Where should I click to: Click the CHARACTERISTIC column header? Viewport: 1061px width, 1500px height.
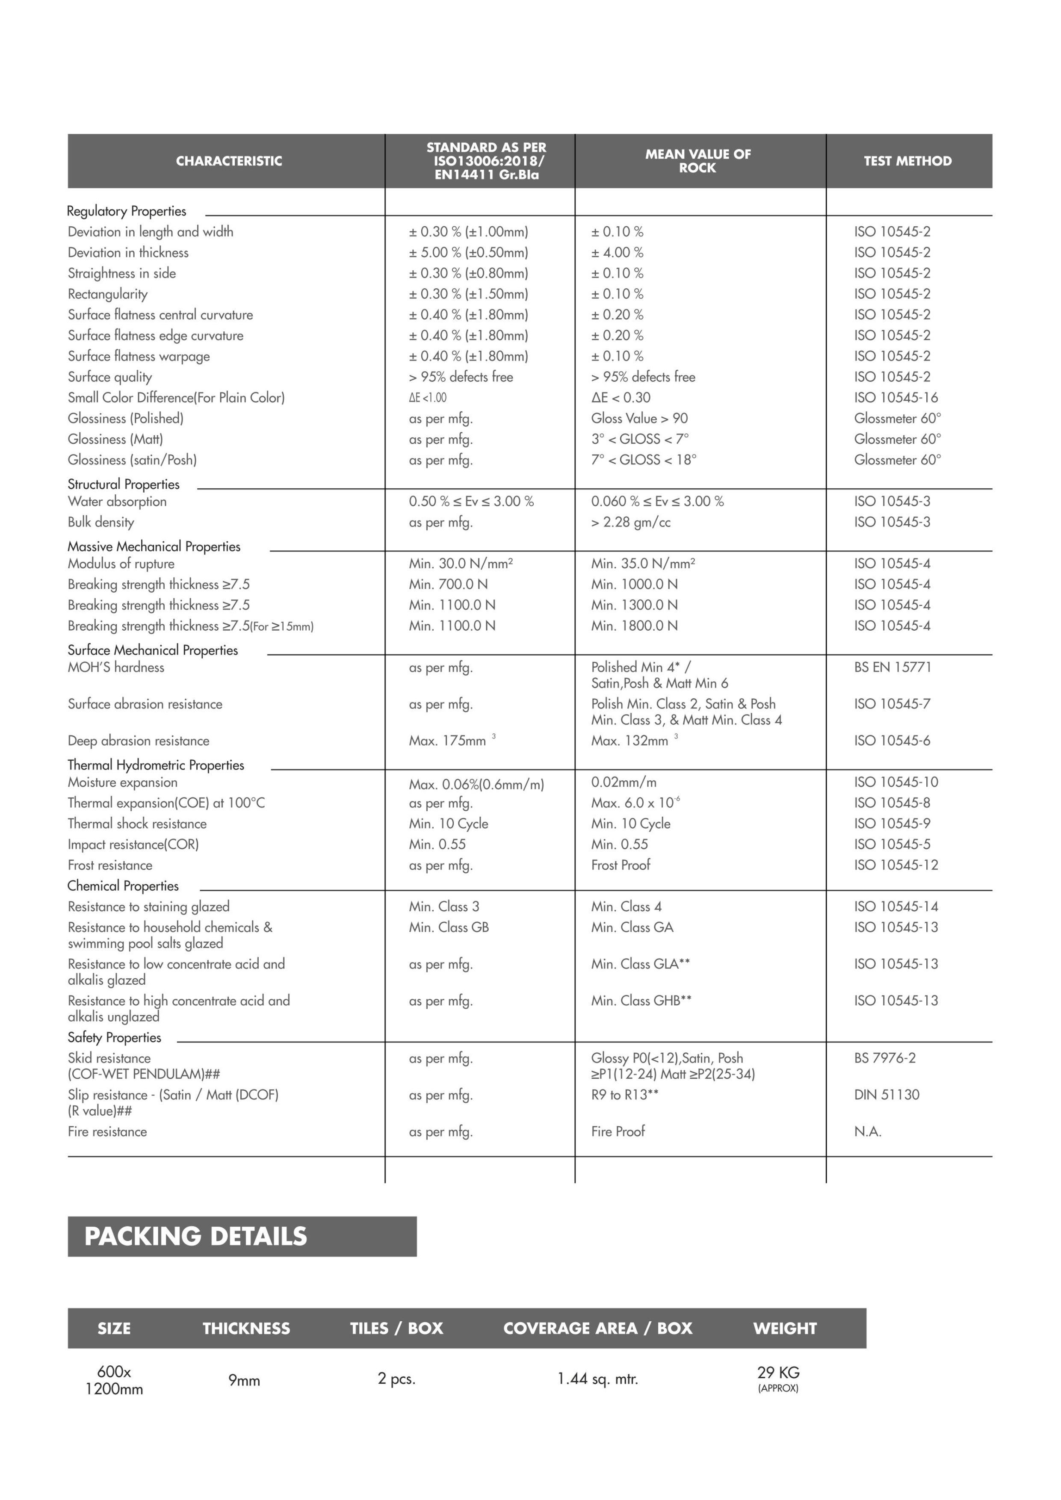(229, 161)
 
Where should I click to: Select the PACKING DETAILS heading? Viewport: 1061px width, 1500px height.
(195, 1236)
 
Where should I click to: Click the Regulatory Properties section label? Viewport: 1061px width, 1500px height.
(126, 211)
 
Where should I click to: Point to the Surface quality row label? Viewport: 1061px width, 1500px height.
(110, 377)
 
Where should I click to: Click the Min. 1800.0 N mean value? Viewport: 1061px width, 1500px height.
(634, 626)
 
